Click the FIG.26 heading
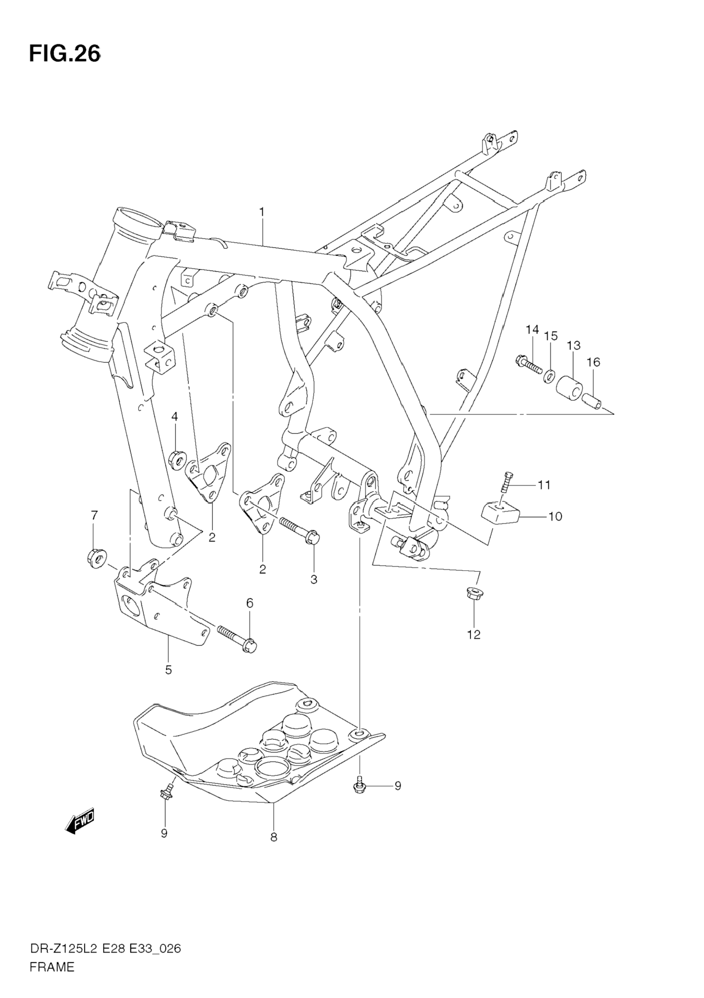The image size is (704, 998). [64, 54]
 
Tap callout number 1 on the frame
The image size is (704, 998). [261, 212]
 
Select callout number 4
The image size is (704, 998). [174, 417]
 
